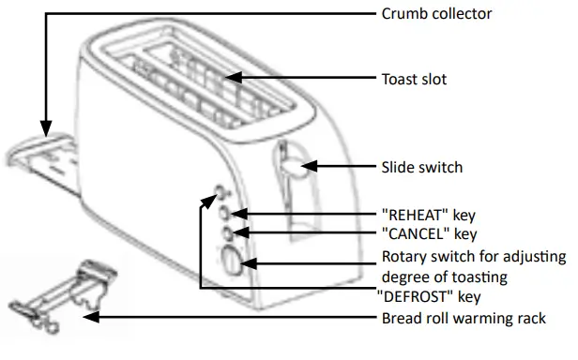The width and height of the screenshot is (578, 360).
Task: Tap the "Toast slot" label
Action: click(x=414, y=79)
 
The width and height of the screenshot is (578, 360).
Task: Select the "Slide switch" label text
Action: click(x=422, y=167)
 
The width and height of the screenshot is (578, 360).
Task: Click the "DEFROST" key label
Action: click(x=431, y=296)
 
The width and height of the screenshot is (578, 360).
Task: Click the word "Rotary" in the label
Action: click(x=403, y=257)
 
